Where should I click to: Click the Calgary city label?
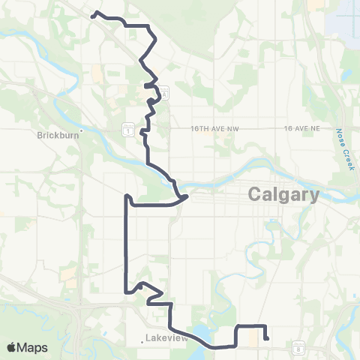point(283,195)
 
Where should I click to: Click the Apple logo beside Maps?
point(12,347)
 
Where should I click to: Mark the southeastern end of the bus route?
point(267,338)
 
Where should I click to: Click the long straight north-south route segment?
point(125,247)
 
